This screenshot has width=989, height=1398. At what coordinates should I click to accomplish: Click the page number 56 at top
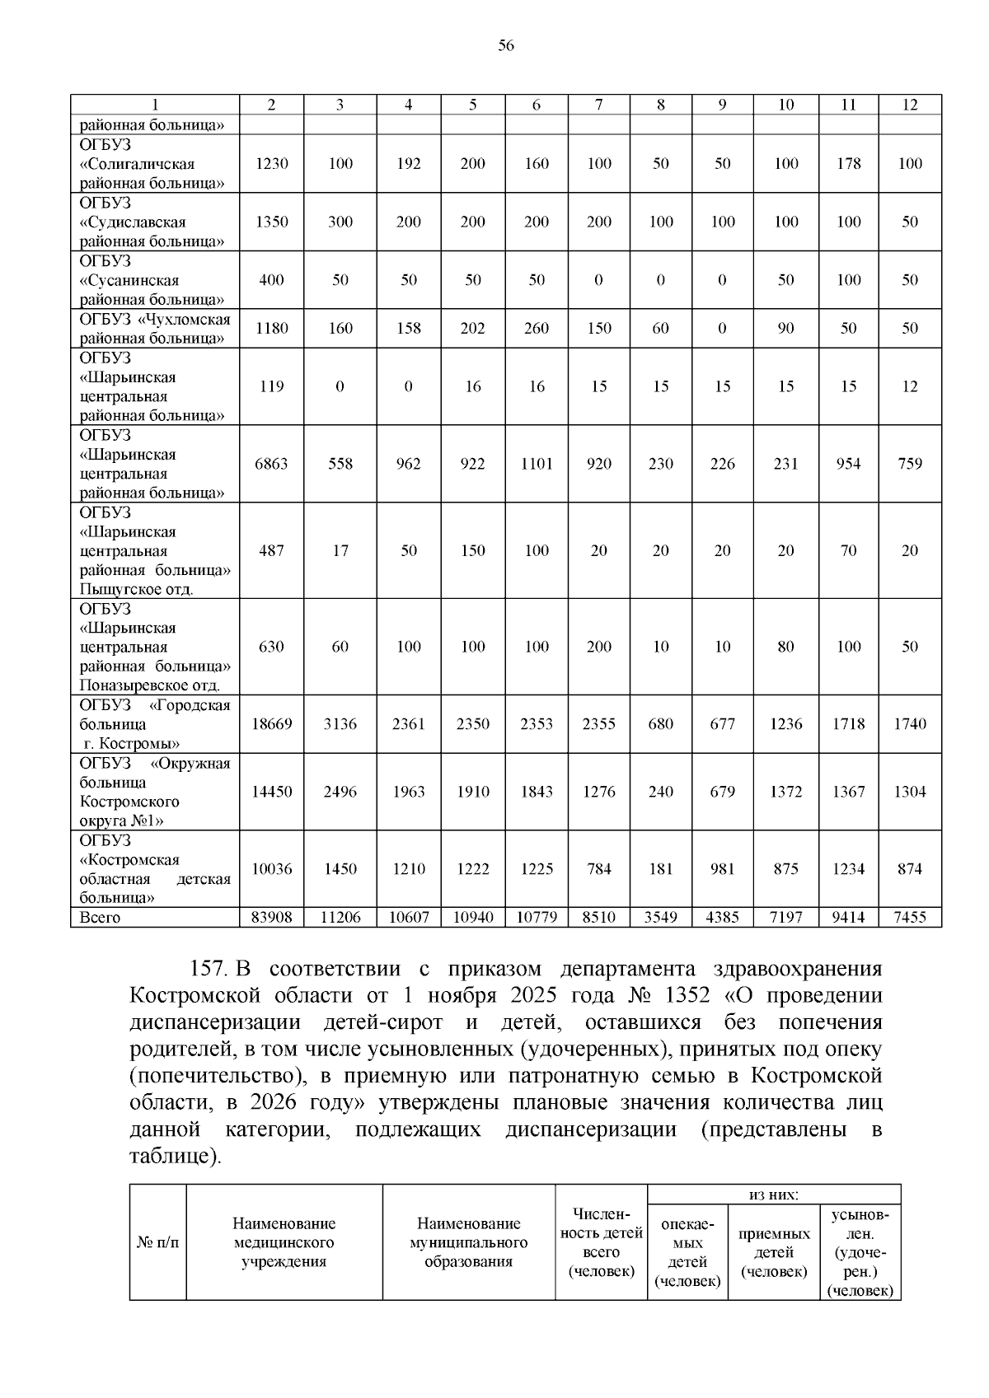pyautogui.click(x=506, y=46)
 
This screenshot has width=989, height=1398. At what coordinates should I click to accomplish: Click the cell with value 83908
pyautogui.click(x=271, y=917)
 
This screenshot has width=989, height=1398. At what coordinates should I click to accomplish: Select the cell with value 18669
pyautogui.click(x=271, y=724)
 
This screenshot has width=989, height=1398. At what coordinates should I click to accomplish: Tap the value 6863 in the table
pyautogui.click(x=271, y=464)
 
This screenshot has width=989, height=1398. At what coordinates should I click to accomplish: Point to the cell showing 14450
pyautogui.click(x=271, y=792)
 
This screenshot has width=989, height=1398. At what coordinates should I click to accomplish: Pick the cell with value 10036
pyautogui.click(x=271, y=869)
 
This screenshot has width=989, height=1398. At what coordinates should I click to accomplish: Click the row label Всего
pyautogui.click(x=100, y=918)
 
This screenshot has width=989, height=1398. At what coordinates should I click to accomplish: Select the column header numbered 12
pyautogui.click(x=909, y=105)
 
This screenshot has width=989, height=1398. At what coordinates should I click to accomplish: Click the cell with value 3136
pyautogui.click(x=340, y=724)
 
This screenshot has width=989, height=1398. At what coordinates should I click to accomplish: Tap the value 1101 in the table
pyautogui.click(x=536, y=464)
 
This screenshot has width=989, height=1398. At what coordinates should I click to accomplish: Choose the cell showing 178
pyautogui.click(x=848, y=163)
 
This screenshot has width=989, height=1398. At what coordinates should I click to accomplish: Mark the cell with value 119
pyautogui.click(x=271, y=386)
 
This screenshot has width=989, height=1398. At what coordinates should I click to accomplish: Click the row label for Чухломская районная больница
pyautogui.click(x=154, y=329)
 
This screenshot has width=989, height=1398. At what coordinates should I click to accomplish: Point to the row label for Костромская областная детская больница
pyautogui.click(x=154, y=869)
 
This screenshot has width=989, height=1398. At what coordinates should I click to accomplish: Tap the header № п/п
pyautogui.click(x=157, y=1242)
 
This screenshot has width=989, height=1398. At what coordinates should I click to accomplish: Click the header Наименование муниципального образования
pyautogui.click(x=468, y=1242)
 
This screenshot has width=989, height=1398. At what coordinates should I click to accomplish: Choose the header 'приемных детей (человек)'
pyautogui.click(x=774, y=1252)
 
